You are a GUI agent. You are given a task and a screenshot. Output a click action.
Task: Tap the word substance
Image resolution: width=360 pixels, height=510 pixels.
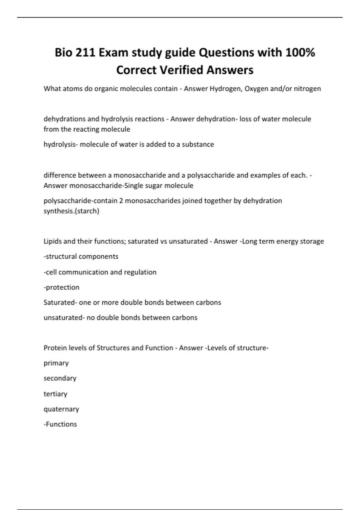coord(198,144)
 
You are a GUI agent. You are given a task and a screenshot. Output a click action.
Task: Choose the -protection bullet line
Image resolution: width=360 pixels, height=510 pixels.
coord(61,287)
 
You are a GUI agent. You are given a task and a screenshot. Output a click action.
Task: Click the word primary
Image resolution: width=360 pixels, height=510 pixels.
coord(56,363)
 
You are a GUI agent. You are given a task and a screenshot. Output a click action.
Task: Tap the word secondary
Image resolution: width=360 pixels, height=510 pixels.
coord(60,378)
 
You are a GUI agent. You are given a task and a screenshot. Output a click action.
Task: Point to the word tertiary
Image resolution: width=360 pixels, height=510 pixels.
coord(55,394)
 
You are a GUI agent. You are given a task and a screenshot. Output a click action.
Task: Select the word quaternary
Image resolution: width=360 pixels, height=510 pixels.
coord(61,409)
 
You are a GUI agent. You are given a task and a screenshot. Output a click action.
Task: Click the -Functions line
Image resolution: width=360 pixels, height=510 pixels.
coord(60,424)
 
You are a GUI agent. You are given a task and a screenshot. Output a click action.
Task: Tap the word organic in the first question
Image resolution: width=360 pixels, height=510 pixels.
coord(105,89)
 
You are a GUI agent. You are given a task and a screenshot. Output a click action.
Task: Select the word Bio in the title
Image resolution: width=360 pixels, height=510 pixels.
coord(63,53)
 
